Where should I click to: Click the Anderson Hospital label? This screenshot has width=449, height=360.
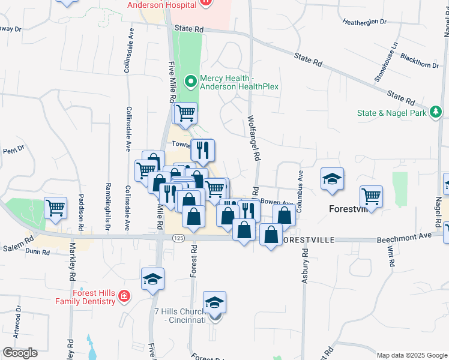click(x=162, y=5)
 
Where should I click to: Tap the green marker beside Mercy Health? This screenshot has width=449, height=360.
click(x=191, y=80)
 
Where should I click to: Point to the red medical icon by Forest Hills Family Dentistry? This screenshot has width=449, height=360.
click(x=124, y=296)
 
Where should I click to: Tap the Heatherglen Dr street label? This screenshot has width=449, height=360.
click(x=364, y=22)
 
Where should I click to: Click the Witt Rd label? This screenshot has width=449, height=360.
click(x=391, y=256)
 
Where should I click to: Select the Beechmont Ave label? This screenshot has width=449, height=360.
click(x=403, y=238)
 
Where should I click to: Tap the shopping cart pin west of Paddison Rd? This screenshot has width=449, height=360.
click(x=55, y=208)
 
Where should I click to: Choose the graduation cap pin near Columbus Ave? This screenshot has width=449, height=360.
click(x=331, y=179)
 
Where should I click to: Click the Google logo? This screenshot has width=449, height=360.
click(x=20, y=353)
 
